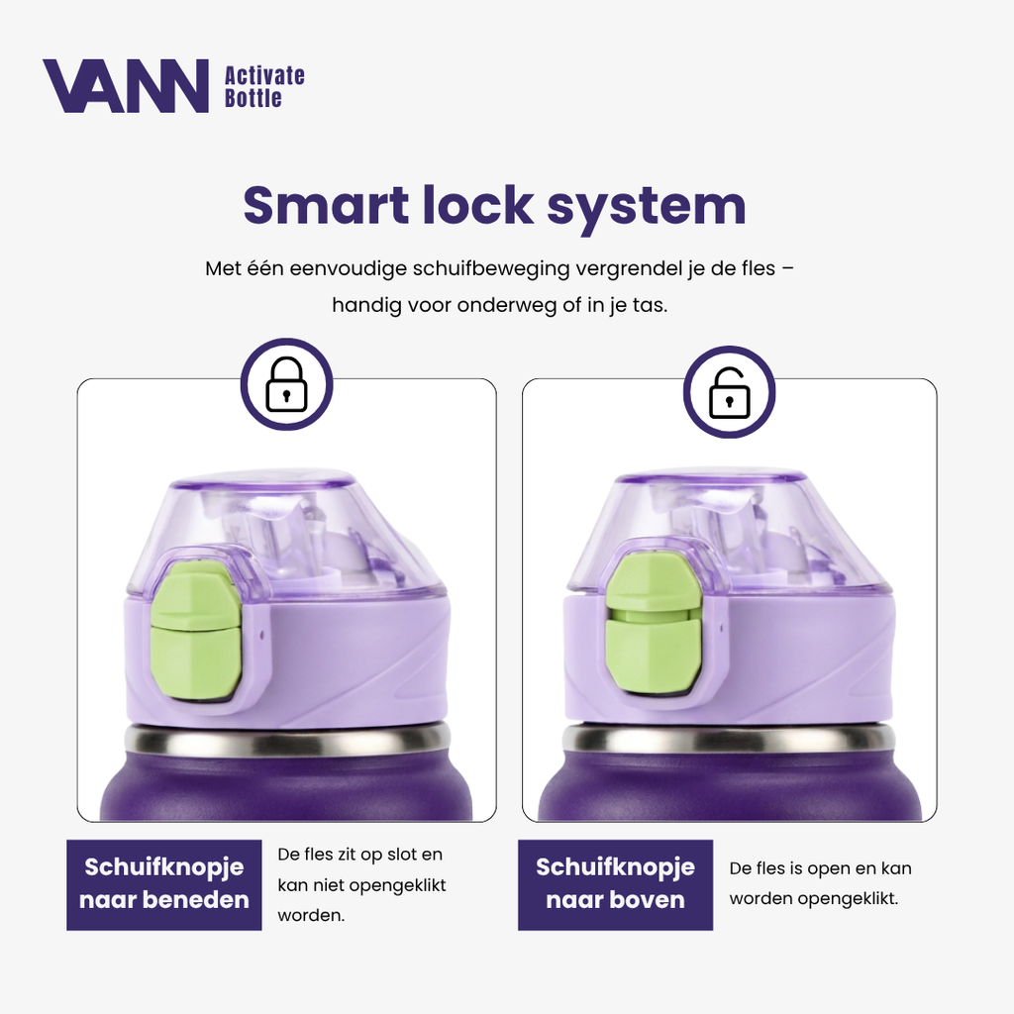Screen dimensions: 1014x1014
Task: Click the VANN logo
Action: click(126, 86)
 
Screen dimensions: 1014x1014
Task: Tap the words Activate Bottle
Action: click(264, 87)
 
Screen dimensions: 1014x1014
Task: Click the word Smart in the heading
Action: click(326, 205)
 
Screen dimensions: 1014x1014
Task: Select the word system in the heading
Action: click(646, 207)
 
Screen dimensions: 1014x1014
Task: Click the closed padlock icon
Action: click(286, 384)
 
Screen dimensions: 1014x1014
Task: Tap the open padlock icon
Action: click(730, 393)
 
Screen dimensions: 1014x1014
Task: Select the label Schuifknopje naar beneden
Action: click(164, 884)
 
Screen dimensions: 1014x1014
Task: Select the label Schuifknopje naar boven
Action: click(615, 884)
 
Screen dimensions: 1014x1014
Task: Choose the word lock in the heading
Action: click(477, 205)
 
